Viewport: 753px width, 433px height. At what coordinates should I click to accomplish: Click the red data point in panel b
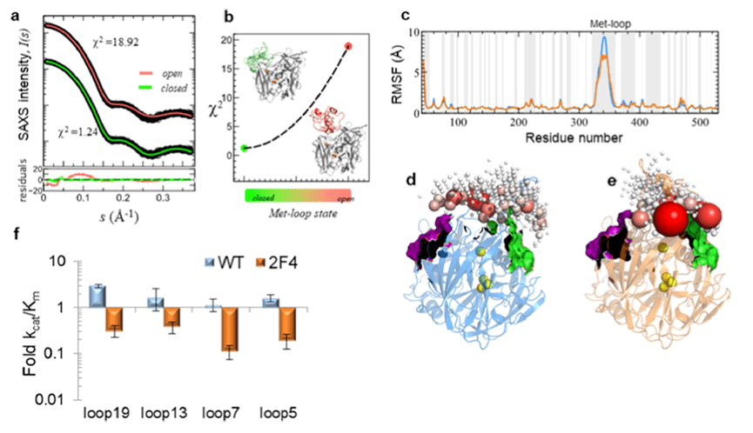click(347, 46)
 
